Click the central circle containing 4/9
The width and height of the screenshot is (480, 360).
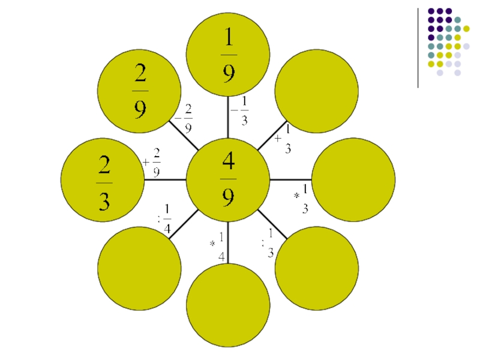(228, 179)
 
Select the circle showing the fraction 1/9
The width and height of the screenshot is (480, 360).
(228, 54)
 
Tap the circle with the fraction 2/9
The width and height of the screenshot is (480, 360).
(139, 91)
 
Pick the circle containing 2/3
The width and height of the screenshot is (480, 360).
(103, 179)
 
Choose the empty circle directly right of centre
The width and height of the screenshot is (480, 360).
(353, 179)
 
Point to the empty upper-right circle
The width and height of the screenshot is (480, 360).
(317, 91)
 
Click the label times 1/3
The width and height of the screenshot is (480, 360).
(301, 199)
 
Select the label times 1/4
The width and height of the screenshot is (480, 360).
(218, 246)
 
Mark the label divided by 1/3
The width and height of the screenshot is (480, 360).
(268, 243)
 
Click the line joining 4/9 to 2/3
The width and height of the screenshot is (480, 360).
(165, 179)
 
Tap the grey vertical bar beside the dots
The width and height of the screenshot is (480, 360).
(418, 48)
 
